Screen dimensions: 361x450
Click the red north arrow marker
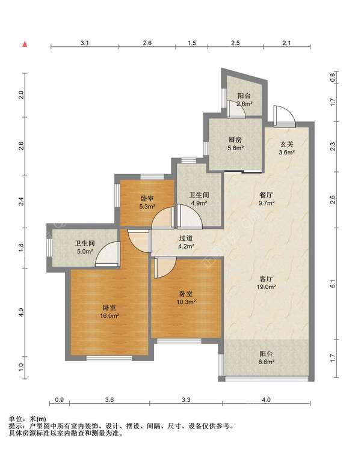[25, 44]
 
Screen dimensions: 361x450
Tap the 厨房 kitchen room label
[235, 140]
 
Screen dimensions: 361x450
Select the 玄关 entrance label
[286, 145]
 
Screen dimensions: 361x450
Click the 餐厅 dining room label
[266, 195]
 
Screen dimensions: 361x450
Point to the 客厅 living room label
[266, 279]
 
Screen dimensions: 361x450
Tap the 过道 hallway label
[186, 238]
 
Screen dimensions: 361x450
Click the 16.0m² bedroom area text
[110, 315]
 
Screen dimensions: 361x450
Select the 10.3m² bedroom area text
[187, 302]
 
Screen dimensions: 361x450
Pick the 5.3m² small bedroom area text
[147, 206]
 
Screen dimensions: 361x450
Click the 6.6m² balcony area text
[266, 362]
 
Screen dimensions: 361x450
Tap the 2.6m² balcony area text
[244, 104]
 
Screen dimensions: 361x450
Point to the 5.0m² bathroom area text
[85, 251]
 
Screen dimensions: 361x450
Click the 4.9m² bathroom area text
[200, 203]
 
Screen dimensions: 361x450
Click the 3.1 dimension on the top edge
[84, 43]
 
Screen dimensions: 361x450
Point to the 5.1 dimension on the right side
[333, 284]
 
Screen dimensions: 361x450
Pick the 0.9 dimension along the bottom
[59, 400]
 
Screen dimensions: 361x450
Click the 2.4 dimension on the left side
[21, 201]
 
